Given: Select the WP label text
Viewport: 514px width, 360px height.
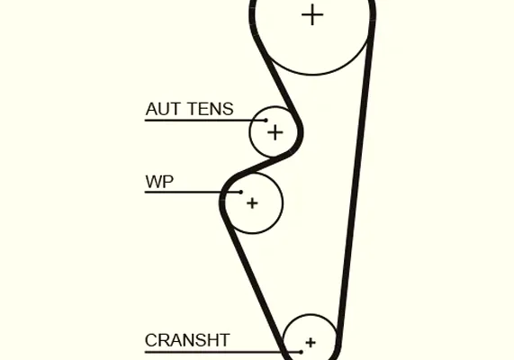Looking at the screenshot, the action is click(x=159, y=182).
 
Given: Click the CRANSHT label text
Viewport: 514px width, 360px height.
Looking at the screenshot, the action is click(x=187, y=340).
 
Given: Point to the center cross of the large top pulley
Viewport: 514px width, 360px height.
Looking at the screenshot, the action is click(x=312, y=14).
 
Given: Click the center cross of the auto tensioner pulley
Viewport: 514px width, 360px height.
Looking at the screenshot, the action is click(x=275, y=133).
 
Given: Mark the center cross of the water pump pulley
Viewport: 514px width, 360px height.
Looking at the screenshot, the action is click(x=252, y=203).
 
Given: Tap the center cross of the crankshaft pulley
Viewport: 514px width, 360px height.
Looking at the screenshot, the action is click(x=311, y=343).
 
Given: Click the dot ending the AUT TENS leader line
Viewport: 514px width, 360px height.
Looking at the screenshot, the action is click(x=266, y=121).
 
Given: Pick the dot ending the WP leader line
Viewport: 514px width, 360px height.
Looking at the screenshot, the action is click(x=241, y=192).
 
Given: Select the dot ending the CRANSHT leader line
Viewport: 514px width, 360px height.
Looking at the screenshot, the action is click(x=301, y=352).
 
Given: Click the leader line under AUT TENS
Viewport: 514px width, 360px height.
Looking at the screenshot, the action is click(x=205, y=121).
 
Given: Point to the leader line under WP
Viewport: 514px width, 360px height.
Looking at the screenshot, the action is click(x=193, y=192).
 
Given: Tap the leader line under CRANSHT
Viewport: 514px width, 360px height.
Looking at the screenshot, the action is click(x=223, y=352).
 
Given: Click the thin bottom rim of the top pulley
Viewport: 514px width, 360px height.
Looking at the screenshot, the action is click(x=312, y=75).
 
